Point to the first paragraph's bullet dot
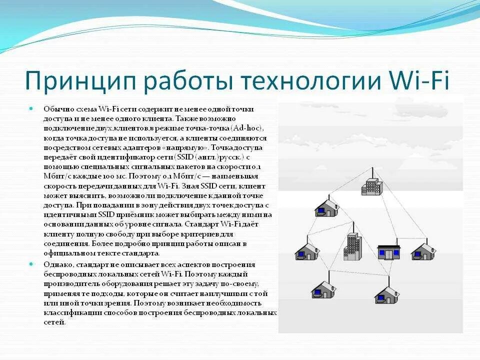pos(31,108)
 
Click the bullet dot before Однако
pos(31,264)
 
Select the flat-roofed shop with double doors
pos(388,251)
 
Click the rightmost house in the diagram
pos(424,251)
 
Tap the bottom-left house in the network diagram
pos(322,289)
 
